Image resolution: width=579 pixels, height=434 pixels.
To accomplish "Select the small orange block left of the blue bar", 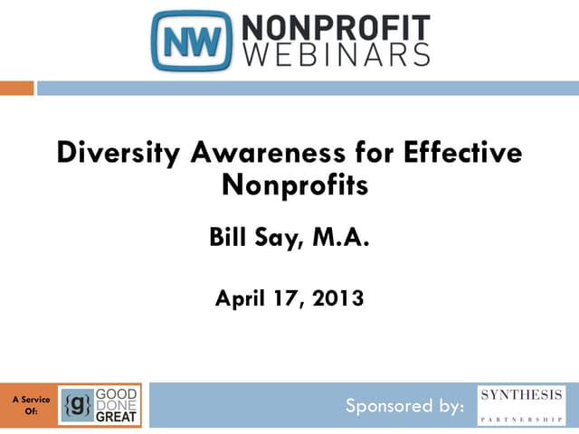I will click(x=16, y=88).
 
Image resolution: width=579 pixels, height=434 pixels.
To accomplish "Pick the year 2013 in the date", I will click(x=336, y=297).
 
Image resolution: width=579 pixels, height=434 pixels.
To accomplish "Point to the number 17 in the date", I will click(x=289, y=297).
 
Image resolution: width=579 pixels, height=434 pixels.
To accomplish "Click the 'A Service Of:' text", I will click(x=31, y=404).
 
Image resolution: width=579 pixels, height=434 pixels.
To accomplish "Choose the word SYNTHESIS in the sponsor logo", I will click(x=521, y=395).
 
